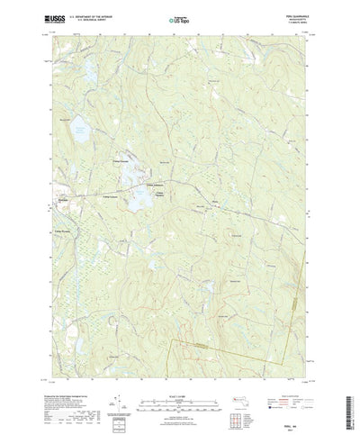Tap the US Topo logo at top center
[179, 17]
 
